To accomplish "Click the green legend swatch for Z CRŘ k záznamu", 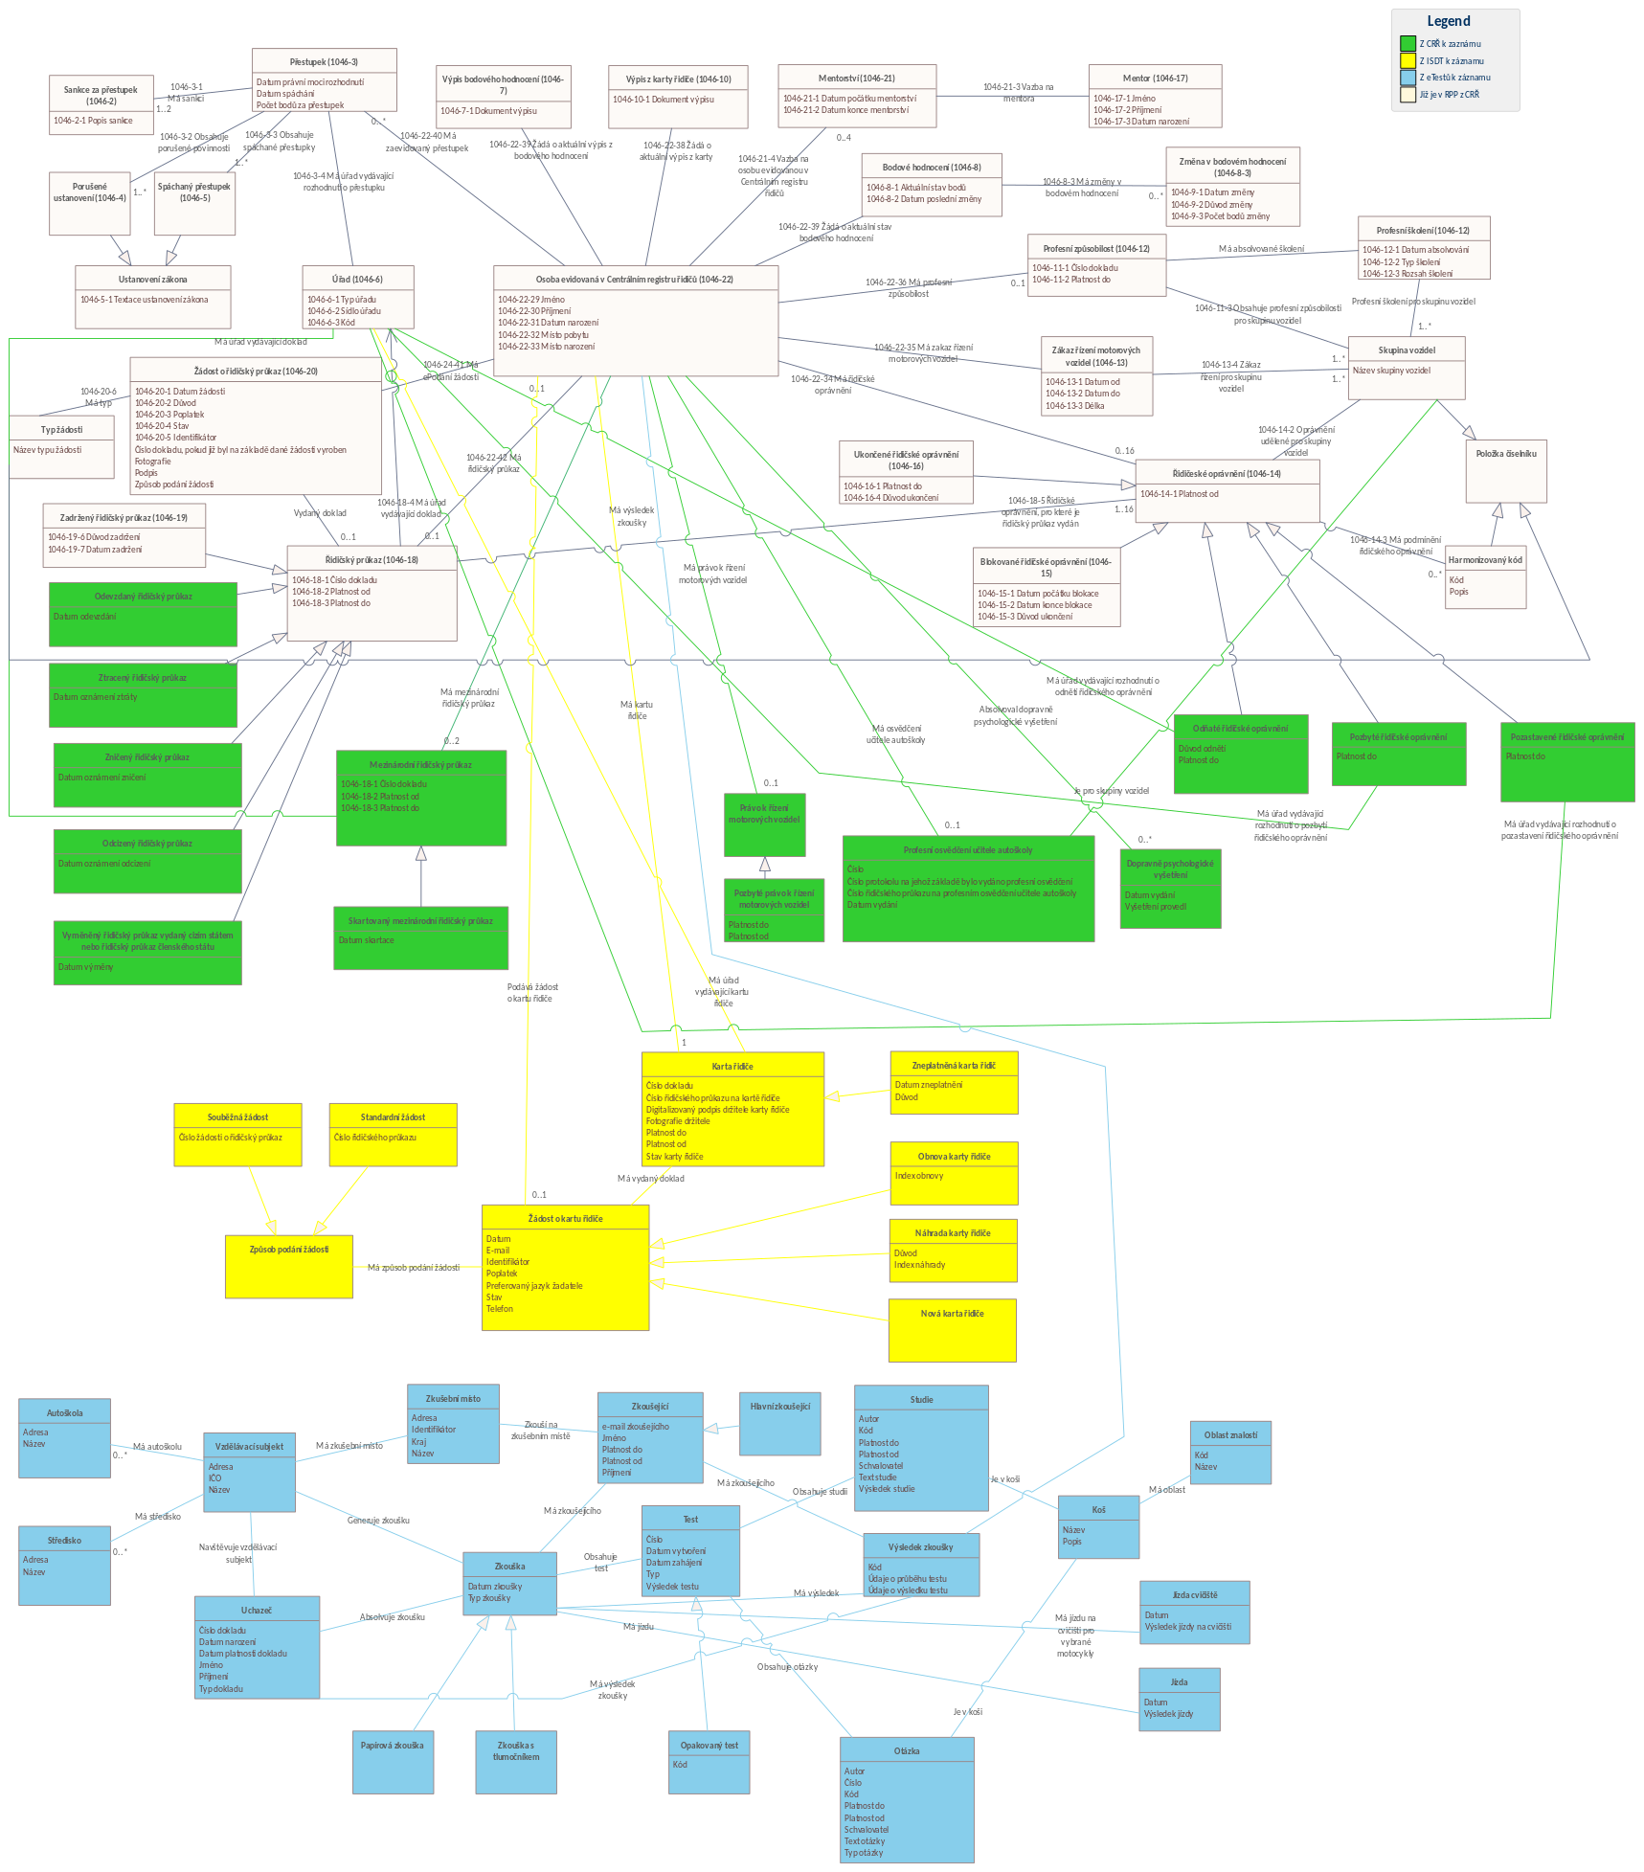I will coord(1408,43).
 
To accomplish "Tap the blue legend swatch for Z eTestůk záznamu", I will coord(1408,78).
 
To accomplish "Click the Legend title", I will coord(1448,21).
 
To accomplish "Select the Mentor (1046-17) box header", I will coord(1155,78).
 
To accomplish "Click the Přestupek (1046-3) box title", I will coord(324,61).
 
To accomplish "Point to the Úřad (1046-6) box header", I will coord(357,279).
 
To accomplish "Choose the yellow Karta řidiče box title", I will coord(732,1066).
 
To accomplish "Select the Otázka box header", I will coord(907,1750).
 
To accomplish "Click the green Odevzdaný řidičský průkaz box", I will coord(144,614).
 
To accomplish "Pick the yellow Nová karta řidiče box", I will coord(952,1330).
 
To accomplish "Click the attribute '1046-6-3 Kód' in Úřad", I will coord(331,323).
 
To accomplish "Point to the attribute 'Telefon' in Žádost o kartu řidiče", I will coord(500,1308).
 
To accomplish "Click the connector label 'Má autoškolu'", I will coord(157,1446).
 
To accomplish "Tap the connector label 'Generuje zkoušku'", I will coord(378,1520).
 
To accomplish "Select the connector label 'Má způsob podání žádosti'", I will coord(414,1267).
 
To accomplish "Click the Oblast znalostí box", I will coord(1230,1453).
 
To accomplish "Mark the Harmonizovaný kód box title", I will coord(1485,560).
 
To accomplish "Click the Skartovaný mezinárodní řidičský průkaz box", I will coord(420,937).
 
